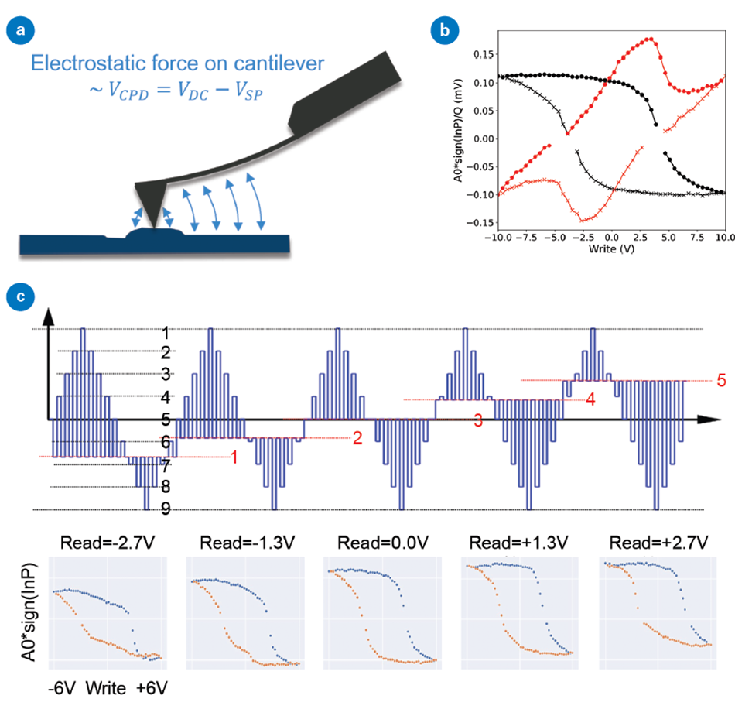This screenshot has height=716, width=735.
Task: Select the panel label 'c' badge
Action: coord(17,296)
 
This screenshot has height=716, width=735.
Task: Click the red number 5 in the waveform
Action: coord(720,380)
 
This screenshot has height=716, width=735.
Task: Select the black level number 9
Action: coord(164,508)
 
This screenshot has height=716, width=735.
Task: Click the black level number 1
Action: coord(164,332)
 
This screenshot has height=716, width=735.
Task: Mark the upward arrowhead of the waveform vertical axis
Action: coord(50,314)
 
